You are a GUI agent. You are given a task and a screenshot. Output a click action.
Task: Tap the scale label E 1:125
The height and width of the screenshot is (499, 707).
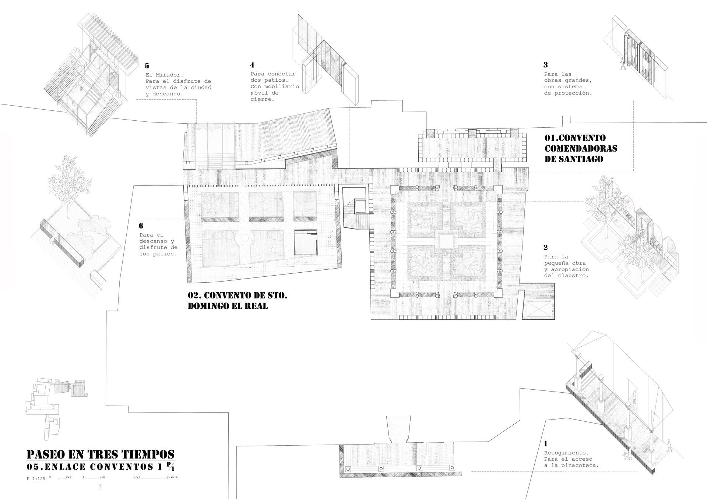[x=36, y=479]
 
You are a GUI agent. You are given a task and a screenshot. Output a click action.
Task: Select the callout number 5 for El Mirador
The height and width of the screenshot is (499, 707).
[x=147, y=66]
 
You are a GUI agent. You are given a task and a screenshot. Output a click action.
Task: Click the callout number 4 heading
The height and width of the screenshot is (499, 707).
[x=252, y=65]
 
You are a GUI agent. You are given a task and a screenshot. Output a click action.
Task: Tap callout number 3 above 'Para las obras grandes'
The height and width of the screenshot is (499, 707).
[x=546, y=65]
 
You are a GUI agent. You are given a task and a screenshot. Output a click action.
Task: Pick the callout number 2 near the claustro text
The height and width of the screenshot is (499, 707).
[x=546, y=247]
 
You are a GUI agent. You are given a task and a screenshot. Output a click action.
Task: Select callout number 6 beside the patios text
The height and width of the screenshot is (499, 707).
[x=141, y=226]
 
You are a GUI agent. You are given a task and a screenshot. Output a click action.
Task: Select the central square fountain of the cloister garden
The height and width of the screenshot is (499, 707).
[x=446, y=241]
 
